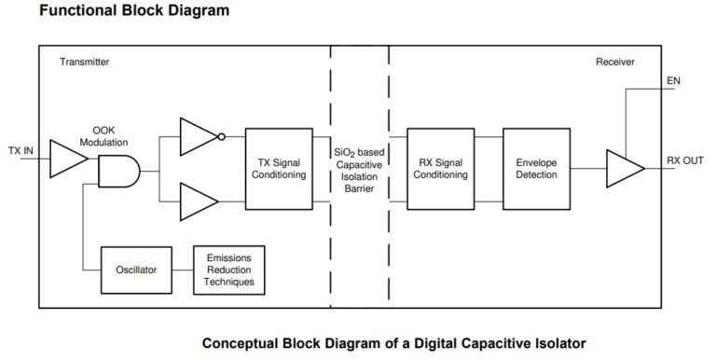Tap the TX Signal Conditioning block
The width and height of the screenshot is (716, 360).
[278, 169]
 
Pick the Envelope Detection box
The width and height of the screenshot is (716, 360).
[536, 169]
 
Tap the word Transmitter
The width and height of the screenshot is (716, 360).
[87, 62]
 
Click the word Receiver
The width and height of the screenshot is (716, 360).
[616, 62]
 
